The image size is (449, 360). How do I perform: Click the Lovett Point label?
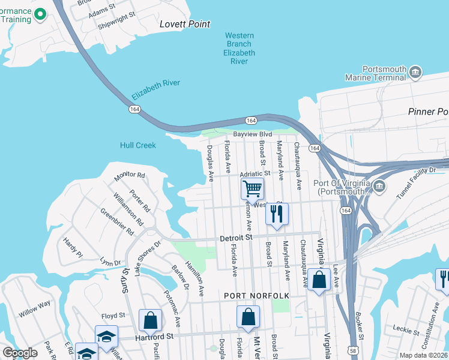[185, 24]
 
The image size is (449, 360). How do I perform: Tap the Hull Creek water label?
[137, 145]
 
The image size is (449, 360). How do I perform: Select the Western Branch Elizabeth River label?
[240, 49]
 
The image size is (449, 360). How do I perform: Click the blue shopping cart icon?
[253, 188]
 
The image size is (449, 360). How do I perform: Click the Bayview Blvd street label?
[253, 134]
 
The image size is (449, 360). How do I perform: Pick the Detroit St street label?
[235, 238]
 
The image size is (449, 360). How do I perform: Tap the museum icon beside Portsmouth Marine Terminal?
[415, 73]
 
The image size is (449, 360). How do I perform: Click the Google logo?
[20, 353]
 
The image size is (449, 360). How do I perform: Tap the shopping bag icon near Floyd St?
[150, 319]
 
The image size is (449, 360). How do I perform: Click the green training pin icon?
[40, 14]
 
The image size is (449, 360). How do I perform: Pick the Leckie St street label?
[406, 329]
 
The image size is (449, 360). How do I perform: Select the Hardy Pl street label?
[72, 247]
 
